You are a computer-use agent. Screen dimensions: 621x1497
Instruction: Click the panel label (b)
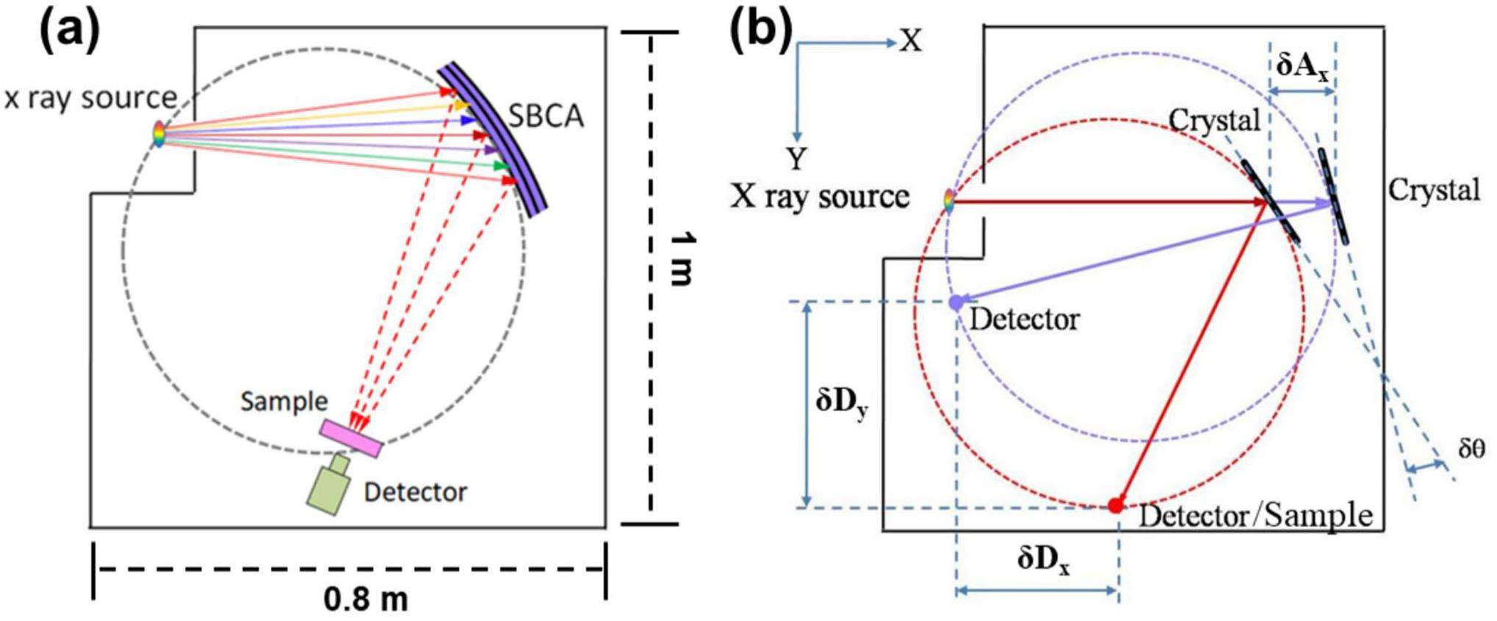(x=761, y=30)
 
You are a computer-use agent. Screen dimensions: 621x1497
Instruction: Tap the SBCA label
(x=546, y=116)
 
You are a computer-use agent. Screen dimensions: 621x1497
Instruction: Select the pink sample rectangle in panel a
(x=350, y=438)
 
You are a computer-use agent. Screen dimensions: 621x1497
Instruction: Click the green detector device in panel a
(x=328, y=488)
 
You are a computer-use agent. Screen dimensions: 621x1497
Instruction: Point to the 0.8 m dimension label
(x=365, y=599)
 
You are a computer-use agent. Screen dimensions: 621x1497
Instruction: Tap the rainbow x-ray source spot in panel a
(x=159, y=134)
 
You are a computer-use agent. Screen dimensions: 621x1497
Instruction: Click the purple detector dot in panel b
(x=955, y=302)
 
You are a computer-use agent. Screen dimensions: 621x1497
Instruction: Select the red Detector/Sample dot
(x=1116, y=505)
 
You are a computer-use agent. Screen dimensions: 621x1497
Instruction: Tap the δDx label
(x=1043, y=560)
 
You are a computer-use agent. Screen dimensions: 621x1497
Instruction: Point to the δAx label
(x=1302, y=65)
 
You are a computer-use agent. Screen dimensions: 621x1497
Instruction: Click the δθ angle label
(x=1471, y=448)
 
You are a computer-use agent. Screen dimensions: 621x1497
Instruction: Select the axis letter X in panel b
(x=910, y=41)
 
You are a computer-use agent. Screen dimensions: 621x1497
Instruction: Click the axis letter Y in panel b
(x=796, y=157)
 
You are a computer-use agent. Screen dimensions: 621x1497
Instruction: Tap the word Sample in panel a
(x=284, y=401)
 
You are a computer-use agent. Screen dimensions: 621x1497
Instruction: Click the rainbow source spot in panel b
(x=949, y=201)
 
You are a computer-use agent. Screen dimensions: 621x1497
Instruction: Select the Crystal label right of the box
(x=1433, y=190)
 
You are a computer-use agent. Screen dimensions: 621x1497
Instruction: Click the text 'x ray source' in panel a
(x=90, y=98)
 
